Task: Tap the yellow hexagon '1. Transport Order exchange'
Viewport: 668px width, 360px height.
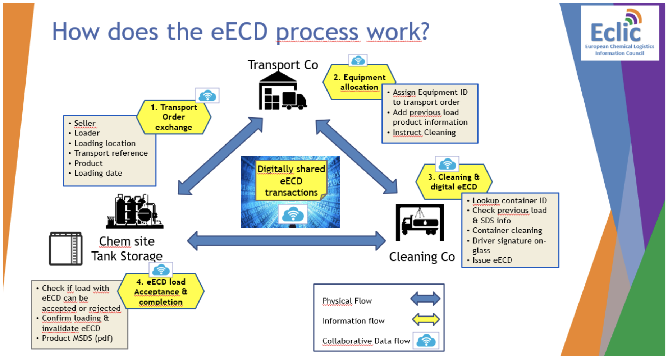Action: pos(174,117)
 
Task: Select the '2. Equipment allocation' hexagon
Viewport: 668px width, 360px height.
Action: pos(359,82)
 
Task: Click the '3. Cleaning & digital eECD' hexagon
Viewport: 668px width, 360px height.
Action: pos(454,182)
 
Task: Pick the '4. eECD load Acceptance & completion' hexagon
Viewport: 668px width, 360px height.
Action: pos(161,292)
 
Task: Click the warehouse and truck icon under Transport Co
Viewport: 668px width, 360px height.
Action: pos(283,91)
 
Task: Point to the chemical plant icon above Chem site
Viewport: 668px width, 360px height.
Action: pos(134,212)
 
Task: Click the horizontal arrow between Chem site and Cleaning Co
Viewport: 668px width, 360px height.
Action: pos(286,241)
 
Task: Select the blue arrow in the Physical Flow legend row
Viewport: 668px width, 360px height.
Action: pos(425,299)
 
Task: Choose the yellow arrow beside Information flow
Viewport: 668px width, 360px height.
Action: pos(426,319)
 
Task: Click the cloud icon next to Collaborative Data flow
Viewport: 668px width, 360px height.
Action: pos(426,341)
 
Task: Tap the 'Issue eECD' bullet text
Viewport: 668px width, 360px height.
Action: pos(492,260)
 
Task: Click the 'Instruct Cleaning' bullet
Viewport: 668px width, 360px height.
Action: pos(424,133)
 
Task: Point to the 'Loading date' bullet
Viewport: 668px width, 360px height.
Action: pos(98,173)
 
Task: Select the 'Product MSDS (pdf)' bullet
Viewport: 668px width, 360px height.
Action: pos(77,338)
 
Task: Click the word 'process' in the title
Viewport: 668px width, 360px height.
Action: pos(317,32)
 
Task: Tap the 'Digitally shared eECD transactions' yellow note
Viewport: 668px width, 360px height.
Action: pos(291,181)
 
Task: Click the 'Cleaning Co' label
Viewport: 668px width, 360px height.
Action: pos(422,257)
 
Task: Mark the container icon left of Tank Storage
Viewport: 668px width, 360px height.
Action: pos(66,249)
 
